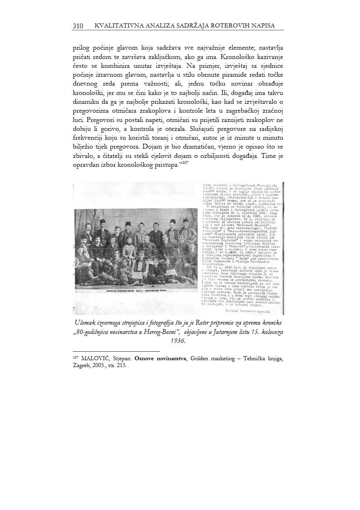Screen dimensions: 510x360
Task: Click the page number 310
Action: (78, 26)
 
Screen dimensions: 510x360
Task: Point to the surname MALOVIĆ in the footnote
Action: (97, 358)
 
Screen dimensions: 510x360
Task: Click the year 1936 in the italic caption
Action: (178, 341)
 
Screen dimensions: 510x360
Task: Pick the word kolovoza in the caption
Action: (272, 332)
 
